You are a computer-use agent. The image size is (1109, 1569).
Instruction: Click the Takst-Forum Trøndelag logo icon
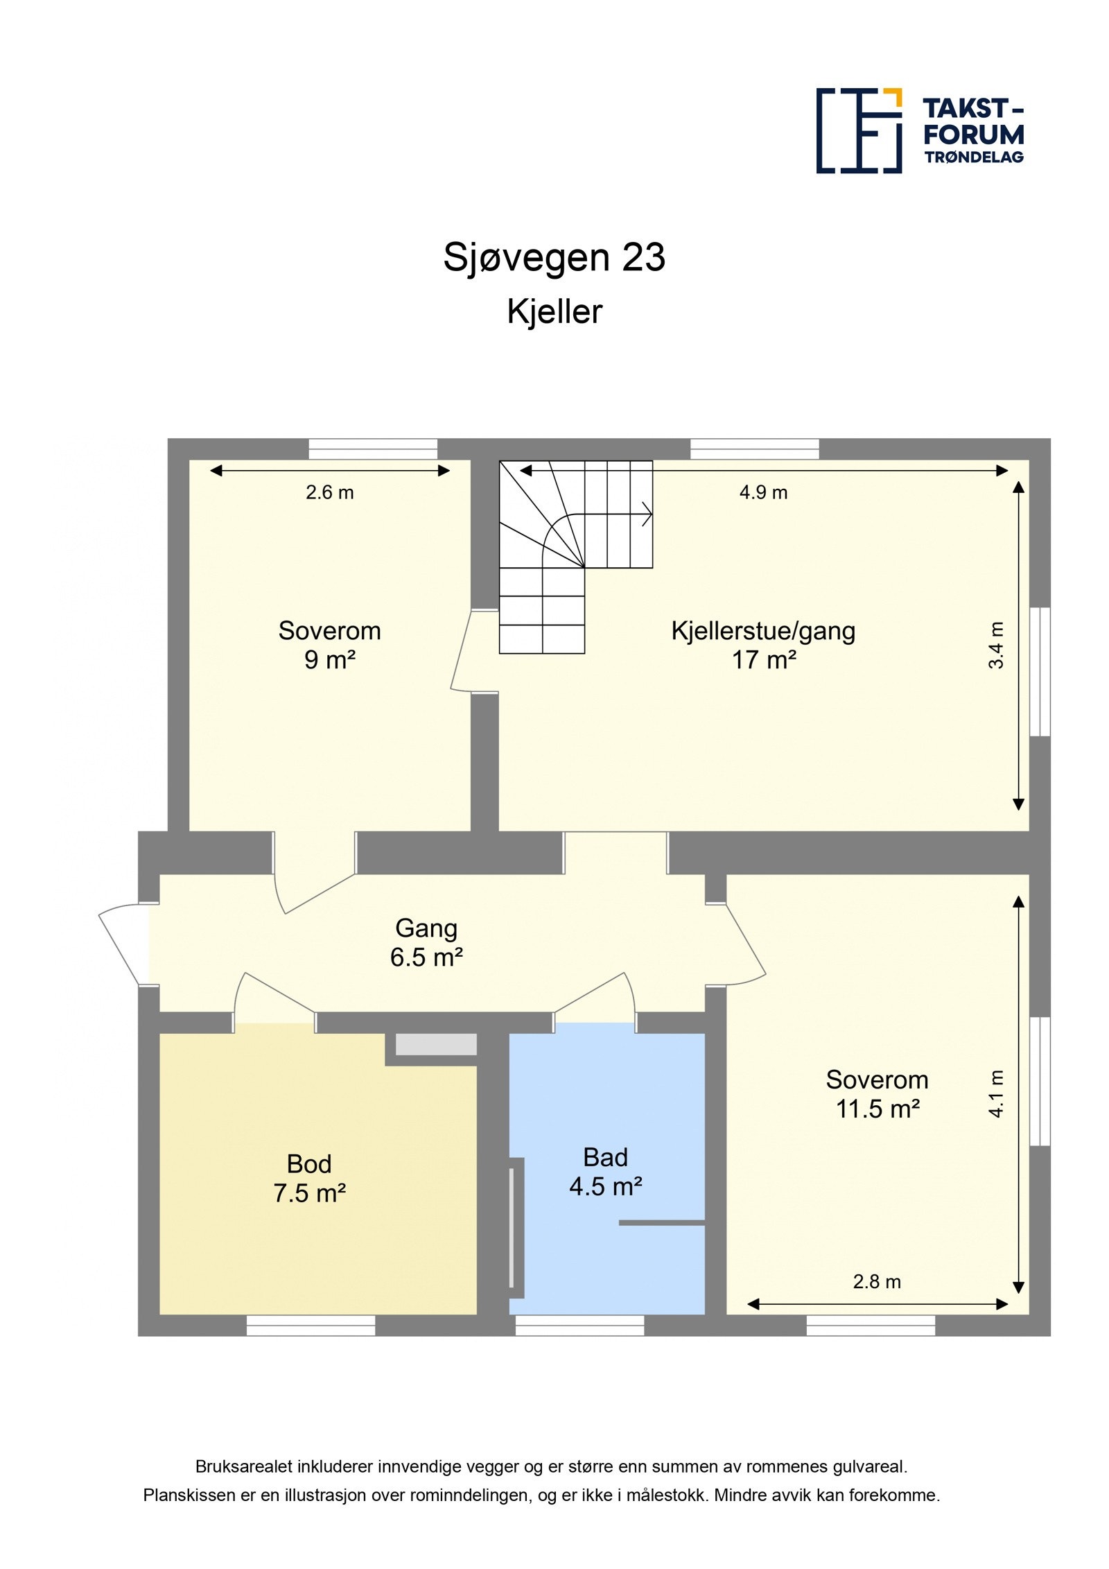[858, 130]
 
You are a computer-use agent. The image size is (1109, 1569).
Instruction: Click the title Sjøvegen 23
[554, 257]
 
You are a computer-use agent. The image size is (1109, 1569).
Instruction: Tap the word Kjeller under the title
[554, 311]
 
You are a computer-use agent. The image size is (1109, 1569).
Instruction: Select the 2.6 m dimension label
[329, 492]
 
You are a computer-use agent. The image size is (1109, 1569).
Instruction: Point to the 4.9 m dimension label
[762, 492]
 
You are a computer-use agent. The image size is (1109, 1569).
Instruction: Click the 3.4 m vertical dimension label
[995, 645]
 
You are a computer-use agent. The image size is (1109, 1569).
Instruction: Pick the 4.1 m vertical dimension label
[995, 1094]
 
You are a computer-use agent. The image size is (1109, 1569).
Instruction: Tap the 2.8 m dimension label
[876, 1282]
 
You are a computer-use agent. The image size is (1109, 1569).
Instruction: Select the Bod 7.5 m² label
[309, 1178]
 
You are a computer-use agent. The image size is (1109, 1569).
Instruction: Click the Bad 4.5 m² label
[605, 1172]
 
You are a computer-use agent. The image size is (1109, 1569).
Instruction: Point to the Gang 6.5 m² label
[426, 942]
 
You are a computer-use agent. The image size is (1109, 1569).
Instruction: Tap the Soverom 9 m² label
[329, 645]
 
